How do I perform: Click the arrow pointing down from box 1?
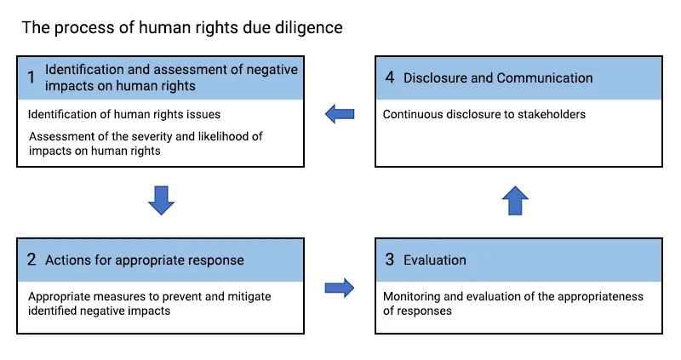(x=161, y=200)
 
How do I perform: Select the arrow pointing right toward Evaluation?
(x=340, y=288)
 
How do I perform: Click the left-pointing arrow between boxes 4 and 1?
(x=340, y=114)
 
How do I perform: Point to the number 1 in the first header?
(x=31, y=78)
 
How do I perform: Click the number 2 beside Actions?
(x=31, y=260)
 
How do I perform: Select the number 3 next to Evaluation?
(x=390, y=260)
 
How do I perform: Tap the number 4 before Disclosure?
(x=390, y=77)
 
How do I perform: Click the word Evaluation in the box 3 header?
(x=435, y=260)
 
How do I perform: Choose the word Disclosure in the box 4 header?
(x=435, y=78)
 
